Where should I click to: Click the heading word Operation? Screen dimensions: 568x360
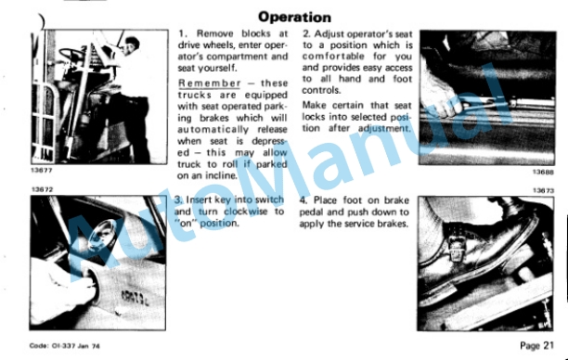pyautogui.click(x=294, y=17)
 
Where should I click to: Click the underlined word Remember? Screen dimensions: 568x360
pyautogui.click(x=210, y=83)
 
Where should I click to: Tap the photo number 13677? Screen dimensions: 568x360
pyautogui.click(x=42, y=170)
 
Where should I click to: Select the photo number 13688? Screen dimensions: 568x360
pyautogui.click(x=543, y=172)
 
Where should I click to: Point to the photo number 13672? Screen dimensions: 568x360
pyautogui.click(x=42, y=189)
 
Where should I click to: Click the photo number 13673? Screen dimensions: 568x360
pyautogui.click(x=543, y=190)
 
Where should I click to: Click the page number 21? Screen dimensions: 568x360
pyautogui.click(x=549, y=345)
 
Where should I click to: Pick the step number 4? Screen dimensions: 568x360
pyautogui.click(x=303, y=200)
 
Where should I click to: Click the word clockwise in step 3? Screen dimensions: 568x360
pyautogui.click(x=246, y=212)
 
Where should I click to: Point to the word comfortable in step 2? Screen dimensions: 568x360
pyautogui.click(x=333, y=57)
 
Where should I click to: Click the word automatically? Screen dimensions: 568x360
pyautogui.click(x=213, y=130)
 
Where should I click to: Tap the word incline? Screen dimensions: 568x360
pyautogui.click(x=222, y=175)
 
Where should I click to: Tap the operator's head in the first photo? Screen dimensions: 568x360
pyautogui.click(x=131, y=45)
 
